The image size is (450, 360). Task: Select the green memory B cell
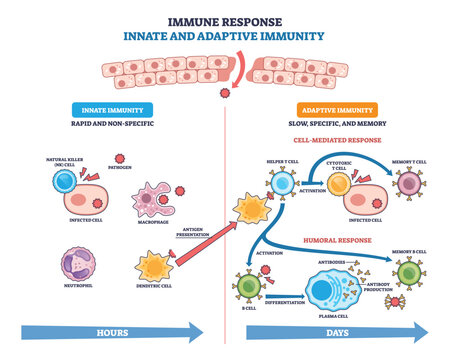(x=410, y=274)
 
